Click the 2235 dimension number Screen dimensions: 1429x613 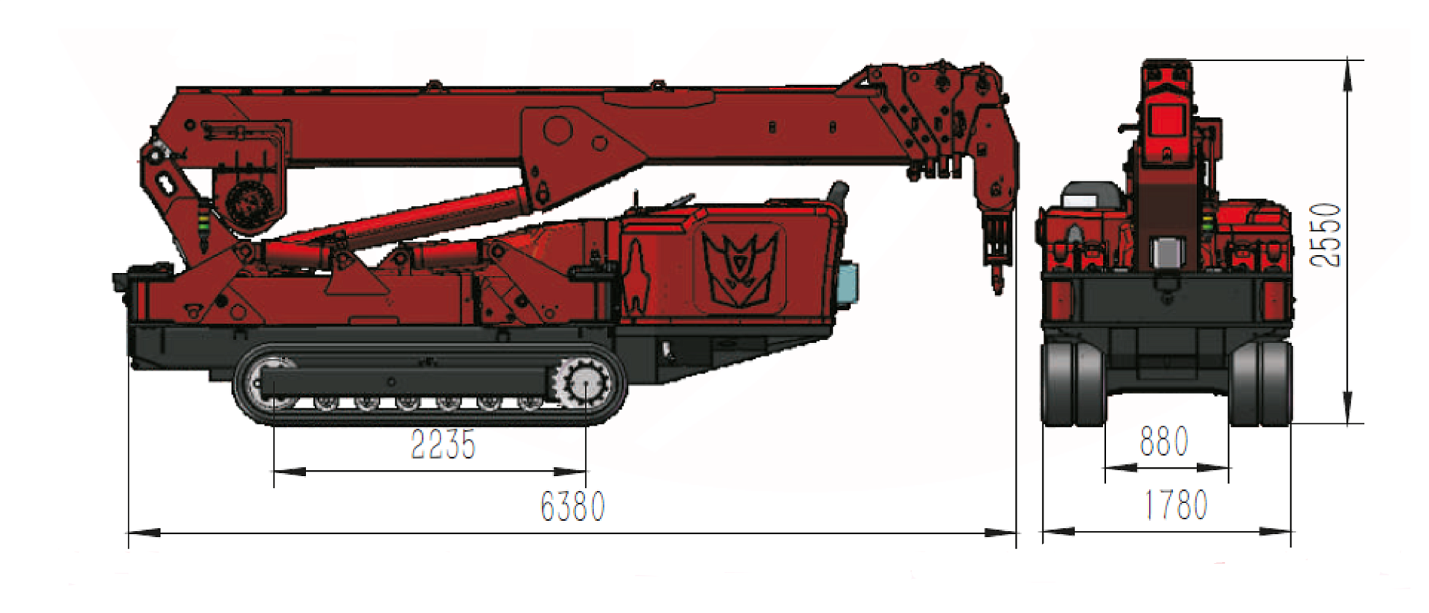pyautogui.click(x=443, y=444)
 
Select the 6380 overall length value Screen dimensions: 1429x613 pyautogui.click(x=572, y=507)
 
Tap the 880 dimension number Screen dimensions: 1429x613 pyautogui.click(x=1164, y=441)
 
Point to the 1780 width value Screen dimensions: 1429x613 pyautogui.click(x=1175, y=505)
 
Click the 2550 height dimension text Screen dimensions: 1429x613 pyautogui.click(x=1326, y=235)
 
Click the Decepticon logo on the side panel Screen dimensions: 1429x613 pyautogui.click(x=740, y=268)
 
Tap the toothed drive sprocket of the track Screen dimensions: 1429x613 pyautogui.click(x=585, y=384)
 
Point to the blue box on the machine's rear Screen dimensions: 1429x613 pyautogui.click(x=847, y=283)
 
